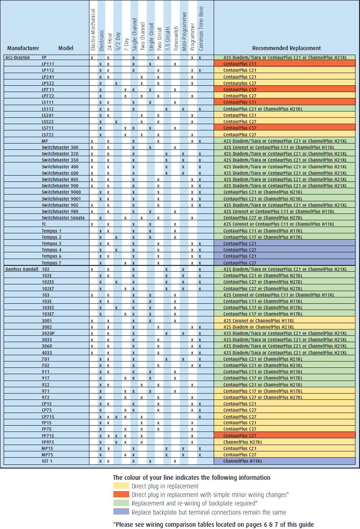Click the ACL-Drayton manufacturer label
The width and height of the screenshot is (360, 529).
pyautogui.click(x=17, y=58)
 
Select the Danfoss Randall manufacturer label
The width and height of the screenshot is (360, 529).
pyautogui.click(x=20, y=269)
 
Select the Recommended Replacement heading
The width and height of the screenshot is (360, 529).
pyautogui.click(x=286, y=48)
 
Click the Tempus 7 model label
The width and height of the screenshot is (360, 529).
pyautogui.click(x=51, y=263)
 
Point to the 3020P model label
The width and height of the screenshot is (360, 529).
pyautogui.click(x=48, y=333)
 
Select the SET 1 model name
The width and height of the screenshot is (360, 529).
pyautogui.click(x=47, y=461)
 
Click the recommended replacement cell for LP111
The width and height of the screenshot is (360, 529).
pyautogui.click(x=285, y=64)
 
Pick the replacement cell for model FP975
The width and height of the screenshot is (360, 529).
pyautogui.click(x=285, y=442)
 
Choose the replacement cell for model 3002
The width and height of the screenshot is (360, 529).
pyautogui.click(x=285, y=327)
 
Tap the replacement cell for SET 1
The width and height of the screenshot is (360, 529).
pyautogui.click(x=285, y=461)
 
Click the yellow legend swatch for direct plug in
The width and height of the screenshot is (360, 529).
pyautogui.click(x=121, y=486)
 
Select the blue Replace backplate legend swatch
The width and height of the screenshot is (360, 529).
pyautogui.click(x=121, y=512)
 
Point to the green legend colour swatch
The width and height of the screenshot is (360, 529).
pyautogui.click(x=121, y=503)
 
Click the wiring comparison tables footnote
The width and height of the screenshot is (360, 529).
pyautogui.click(x=213, y=524)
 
